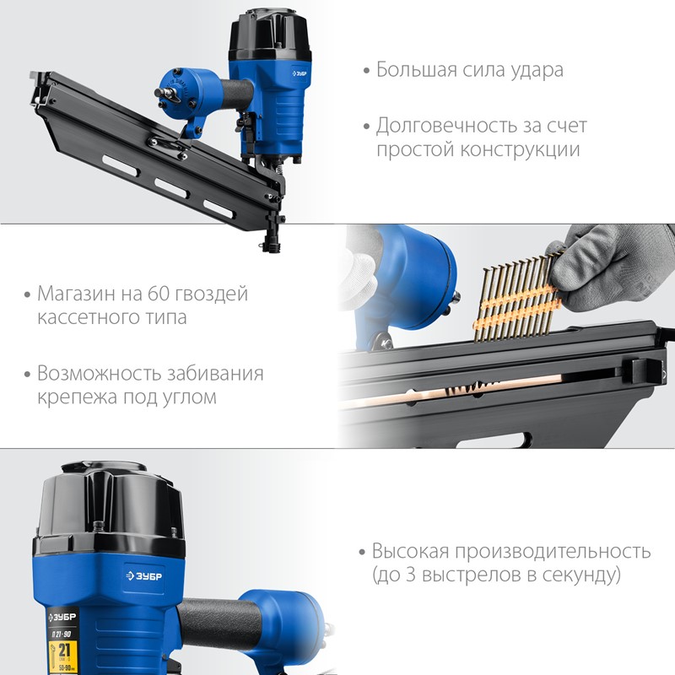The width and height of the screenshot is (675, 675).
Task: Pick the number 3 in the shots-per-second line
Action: tap(411, 575)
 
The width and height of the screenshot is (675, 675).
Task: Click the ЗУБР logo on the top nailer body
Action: tap(300, 73)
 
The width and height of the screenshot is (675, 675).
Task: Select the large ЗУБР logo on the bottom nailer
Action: tap(143, 576)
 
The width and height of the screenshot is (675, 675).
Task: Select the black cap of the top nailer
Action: tap(270, 35)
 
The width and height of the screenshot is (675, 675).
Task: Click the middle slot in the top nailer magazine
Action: tap(171, 188)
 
